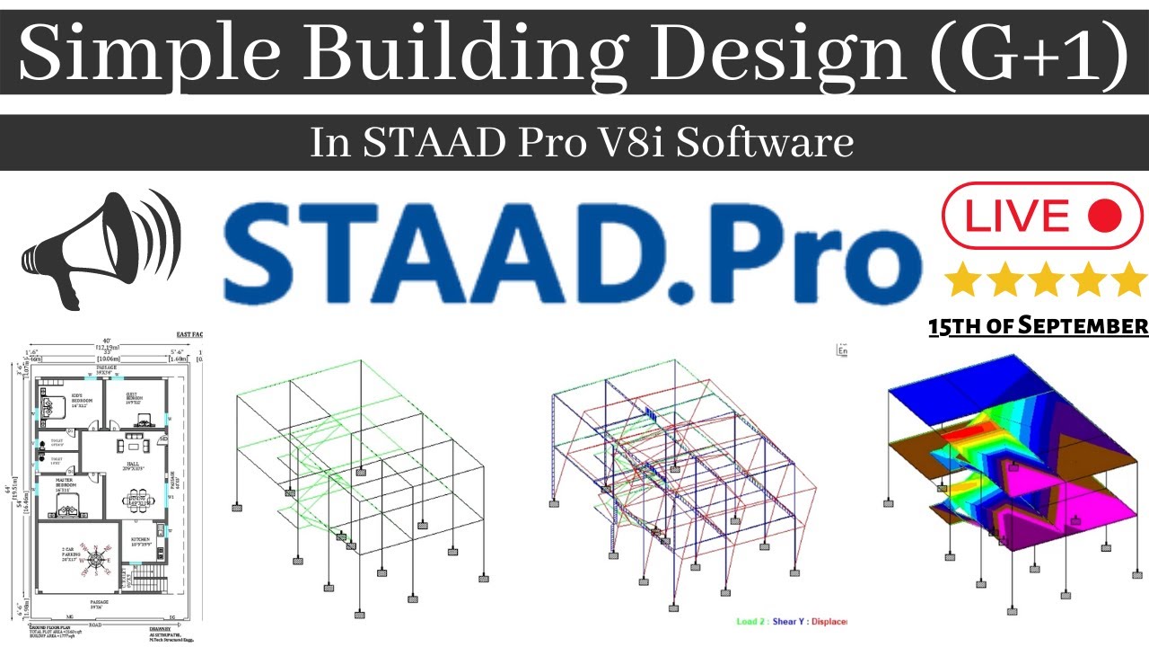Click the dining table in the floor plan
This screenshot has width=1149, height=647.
[x=136, y=501]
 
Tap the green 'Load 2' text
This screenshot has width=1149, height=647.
[x=749, y=621]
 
